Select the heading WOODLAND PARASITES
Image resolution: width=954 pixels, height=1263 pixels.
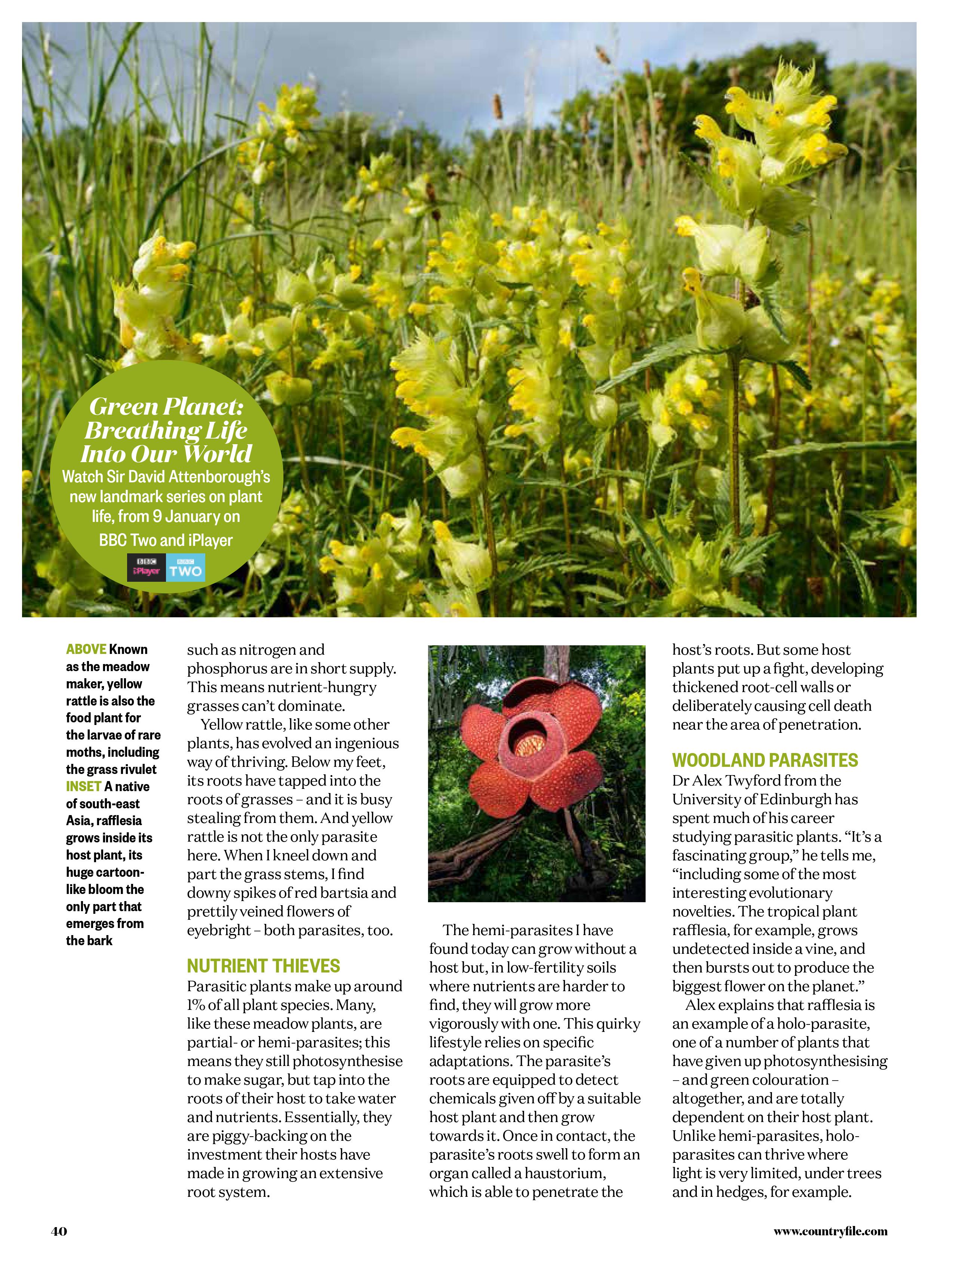[x=764, y=760]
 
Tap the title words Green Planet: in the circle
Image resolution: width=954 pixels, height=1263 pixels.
[x=166, y=406]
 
